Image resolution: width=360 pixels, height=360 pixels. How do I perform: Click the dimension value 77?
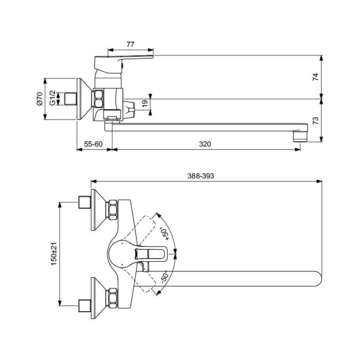[130, 44]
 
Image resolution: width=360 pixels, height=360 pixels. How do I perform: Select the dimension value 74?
[316, 77]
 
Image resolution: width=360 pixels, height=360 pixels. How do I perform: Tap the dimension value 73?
[316, 121]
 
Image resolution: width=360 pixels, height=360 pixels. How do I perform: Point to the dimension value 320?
[205, 144]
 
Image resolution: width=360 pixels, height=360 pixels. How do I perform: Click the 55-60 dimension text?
[93, 144]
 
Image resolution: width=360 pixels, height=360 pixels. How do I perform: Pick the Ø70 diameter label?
[39, 99]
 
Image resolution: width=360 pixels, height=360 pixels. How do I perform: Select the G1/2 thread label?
[53, 98]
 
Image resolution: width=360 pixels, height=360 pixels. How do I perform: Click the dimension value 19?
[145, 104]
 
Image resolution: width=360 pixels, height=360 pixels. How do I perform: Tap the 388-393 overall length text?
[201, 176]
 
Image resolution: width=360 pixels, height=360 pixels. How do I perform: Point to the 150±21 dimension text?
[54, 254]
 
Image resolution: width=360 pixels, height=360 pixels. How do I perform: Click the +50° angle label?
[165, 234]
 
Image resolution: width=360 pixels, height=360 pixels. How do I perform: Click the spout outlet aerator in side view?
[300, 136]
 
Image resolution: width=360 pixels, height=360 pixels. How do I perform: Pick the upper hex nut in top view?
[113, 209]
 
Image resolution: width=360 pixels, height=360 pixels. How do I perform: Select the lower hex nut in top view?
[113, 298]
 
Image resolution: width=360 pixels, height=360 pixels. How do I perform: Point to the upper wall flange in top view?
[99, 209]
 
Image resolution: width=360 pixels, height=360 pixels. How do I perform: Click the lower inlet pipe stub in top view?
[85, 306]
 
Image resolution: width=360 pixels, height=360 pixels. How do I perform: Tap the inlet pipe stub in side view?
[70, 99]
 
